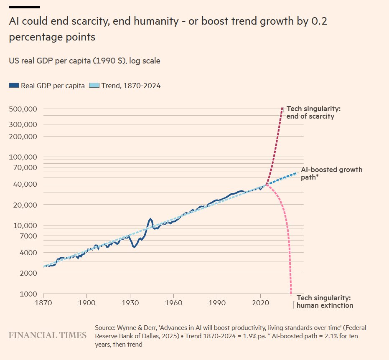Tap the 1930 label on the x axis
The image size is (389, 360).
point(130,302)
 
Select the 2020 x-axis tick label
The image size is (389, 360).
point(260,302)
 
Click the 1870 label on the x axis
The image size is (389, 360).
point(43,302)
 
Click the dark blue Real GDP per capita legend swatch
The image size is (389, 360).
point(14,86)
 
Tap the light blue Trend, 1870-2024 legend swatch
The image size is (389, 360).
point(94,86)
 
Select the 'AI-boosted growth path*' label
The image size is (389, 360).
point(331,173)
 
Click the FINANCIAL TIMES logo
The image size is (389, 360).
point(48,335)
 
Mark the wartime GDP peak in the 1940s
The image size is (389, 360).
point(150,219)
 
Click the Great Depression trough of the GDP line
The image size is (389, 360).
point(134,247)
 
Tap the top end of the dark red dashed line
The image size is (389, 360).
point(283,108)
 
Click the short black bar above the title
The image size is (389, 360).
point(24,7)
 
